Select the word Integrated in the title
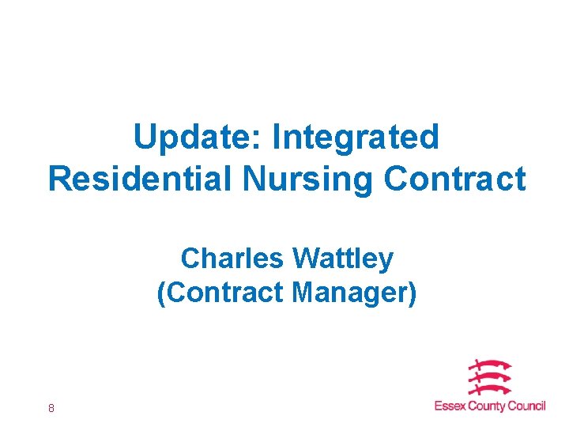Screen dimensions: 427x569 tap(355, 138)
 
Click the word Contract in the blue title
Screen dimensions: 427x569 tap(454, 179)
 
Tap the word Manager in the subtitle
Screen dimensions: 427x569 tap(348, 293)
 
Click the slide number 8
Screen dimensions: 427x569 tap(51, 408)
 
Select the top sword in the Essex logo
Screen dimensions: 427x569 tap(489, 365)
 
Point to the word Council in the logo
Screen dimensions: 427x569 tap(526, 406)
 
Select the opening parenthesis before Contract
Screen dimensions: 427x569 tap(161, 293)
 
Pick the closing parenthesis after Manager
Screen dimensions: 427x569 tap(411, 293)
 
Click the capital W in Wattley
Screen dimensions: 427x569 tap(304, 258)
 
